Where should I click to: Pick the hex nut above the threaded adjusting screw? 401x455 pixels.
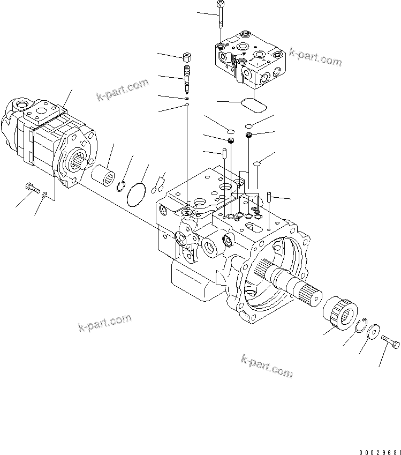(187, 57)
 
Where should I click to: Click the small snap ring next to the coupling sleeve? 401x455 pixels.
(123, 185)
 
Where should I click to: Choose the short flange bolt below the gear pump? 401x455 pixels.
(32, 188)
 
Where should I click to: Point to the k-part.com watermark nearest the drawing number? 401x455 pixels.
(267, 366)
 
